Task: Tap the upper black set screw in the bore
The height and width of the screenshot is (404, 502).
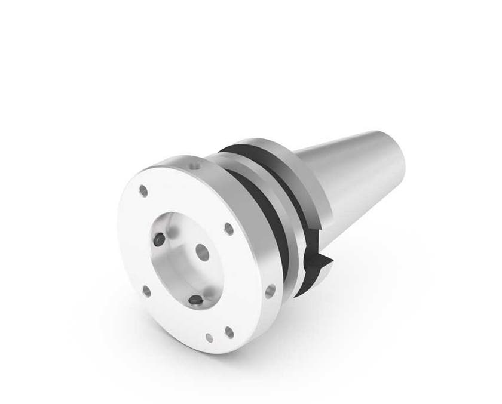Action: click(158, 239)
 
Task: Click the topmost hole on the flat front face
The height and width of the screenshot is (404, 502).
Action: click(143, 191)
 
